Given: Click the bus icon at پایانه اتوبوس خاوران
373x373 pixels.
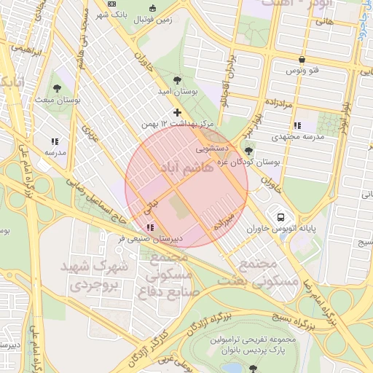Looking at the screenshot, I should [280, 216].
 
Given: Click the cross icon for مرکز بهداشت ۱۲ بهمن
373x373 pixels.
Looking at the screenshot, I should [177, 111].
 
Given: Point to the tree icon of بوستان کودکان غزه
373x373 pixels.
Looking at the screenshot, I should [249, 151].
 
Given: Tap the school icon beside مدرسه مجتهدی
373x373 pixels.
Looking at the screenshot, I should [297, 126].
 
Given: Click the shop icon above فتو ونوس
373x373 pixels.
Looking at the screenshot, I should [302, 60].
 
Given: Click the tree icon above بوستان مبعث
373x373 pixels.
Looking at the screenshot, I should [57, 89].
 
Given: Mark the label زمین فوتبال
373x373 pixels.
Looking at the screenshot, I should [155, 20].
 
